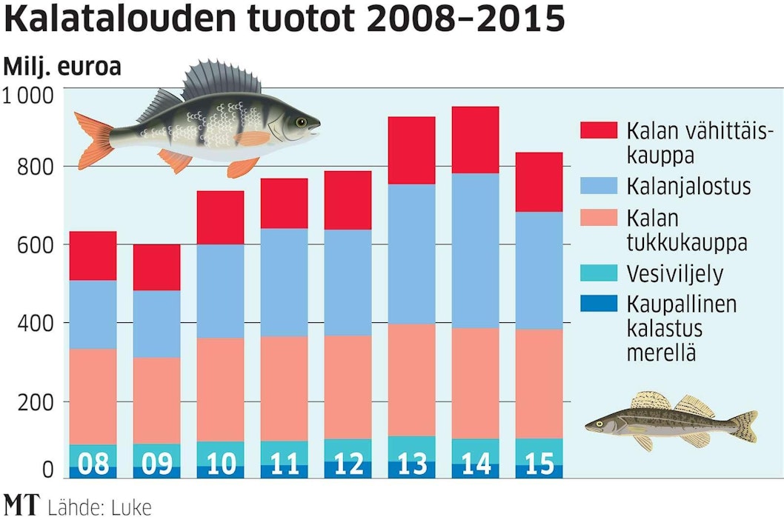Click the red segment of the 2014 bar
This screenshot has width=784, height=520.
pyautogui.click(x=476, y=140)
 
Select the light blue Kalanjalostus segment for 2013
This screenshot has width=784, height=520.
pyautogui.click(x=412, y=253)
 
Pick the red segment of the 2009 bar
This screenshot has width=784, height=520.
pyautogui.click(x=156, y=267)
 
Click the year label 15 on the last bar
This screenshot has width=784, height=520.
pyautogui.click(x=539, y=464)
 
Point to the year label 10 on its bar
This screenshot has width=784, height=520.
pyautogui.click(x=220, y=464)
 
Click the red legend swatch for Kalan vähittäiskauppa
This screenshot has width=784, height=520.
pyautogui.click(x=598, y=130)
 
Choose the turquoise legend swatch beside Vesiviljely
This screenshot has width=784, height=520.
pyautogui.click(x=598, y=273)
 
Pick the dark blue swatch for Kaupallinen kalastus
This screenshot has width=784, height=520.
pyautogui.click(x=598, y=304)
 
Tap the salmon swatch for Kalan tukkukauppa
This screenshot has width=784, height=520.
pyautogui.click(x=598, y=220)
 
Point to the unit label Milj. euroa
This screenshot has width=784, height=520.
pyautogui.click(x=62, y=67)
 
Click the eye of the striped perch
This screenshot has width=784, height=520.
pyautogui.click(x=299, y=121)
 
